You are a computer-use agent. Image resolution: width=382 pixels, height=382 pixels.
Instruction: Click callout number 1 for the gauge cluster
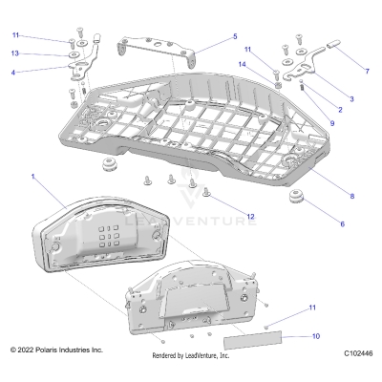(x=33, y=178)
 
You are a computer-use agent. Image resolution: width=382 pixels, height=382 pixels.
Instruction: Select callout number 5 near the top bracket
(x=235, y=37)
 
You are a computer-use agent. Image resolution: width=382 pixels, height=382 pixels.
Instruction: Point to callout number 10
(x=317, y=337)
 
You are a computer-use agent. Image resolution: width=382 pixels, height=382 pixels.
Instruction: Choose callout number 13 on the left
(x=14, y=53)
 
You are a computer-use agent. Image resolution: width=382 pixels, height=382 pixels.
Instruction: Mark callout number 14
(x=242, y=64)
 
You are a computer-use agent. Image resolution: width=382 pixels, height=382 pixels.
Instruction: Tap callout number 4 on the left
(x=13, y=72)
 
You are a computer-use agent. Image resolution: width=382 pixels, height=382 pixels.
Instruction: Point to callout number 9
(x=332, y=122)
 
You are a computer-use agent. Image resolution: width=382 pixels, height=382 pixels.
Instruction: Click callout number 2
(x=339, y=110)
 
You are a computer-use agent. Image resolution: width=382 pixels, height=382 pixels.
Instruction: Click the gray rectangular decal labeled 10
(x=252, y=339)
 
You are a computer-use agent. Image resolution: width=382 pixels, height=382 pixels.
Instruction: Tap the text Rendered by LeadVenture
(x=191, y=355)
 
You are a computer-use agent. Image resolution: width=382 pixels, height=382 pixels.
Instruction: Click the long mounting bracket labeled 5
(x=158, y=45)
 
